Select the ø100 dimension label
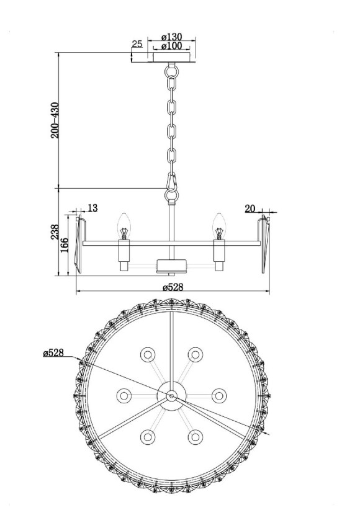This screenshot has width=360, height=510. [171, 47]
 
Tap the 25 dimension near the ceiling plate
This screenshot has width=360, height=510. [137, 45]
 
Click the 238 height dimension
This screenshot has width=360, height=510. [55, 232]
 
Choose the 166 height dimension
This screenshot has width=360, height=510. [65, 244]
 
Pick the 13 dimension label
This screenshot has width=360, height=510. [92, 208]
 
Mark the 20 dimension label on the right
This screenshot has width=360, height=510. [250, 208]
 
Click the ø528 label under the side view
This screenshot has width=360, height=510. [173, 287]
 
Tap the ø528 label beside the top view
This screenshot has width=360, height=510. [55, 352]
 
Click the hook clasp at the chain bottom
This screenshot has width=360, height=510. [171, 183]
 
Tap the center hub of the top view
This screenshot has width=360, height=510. [171, 395]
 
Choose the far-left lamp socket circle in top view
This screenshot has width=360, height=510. [124, 395]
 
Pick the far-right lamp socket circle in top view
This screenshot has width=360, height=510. [218, 395]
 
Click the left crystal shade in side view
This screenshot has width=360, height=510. [78, 243]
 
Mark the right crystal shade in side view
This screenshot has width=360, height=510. [266, 243]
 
